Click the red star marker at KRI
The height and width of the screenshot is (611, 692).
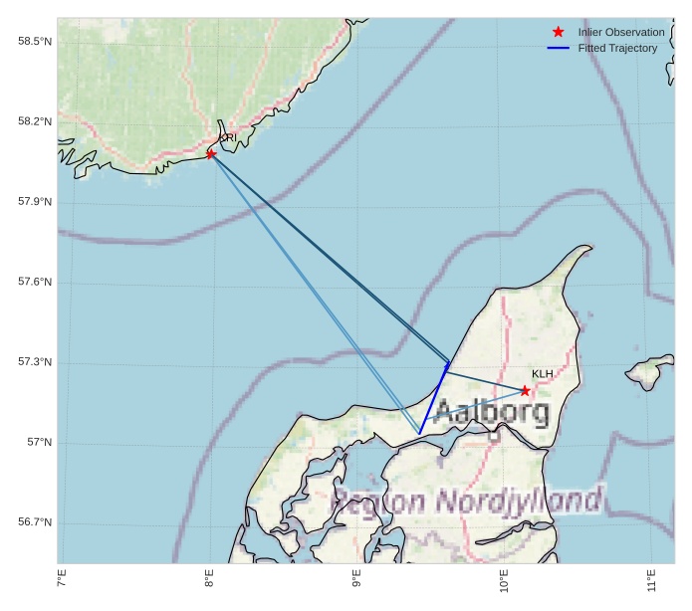[x=211, y=153]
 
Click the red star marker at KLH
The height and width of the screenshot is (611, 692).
[x=525, y=390]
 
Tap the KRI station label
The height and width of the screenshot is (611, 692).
[x=227, y=138]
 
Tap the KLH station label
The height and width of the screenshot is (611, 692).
[x=543, y=374]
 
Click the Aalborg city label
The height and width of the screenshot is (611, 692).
[x=491, y=410]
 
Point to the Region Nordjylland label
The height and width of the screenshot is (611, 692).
[x=466, y=502]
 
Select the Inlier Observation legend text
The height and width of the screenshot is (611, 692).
[x=621, y=33]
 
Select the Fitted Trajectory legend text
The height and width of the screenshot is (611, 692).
[x=617, y=49]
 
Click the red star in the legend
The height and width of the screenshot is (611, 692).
[x=558, y=33]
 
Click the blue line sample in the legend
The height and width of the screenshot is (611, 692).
[x=558, y=49]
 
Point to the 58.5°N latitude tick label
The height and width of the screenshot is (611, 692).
[x=35, y=41]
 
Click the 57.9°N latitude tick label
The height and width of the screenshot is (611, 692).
[x=35, y=202]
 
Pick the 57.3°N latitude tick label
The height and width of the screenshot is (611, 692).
[x=35, y=362]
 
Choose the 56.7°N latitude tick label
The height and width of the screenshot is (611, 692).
[x=35, y=522]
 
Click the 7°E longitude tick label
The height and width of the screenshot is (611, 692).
[x=62, y=578]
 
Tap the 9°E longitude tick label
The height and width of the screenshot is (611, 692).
[x=356, y=578]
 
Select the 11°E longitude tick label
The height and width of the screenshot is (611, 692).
[x=651, y=578]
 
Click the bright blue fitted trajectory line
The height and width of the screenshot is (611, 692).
[x=434, y=398]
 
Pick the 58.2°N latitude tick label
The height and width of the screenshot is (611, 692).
[x=35, y=121]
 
